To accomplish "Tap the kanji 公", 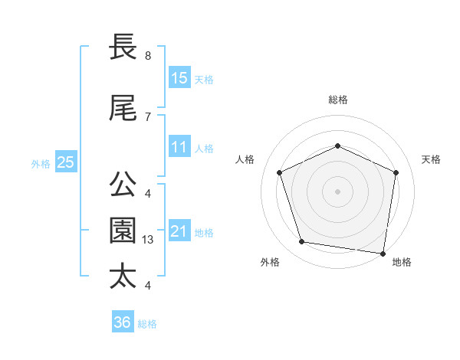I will click(124, 184).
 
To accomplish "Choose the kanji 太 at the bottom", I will click(124, 275).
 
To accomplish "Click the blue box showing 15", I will click(179, 78).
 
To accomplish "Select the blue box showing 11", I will click(179, 147).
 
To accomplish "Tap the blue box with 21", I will click(179, 231).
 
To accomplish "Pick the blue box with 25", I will click(65, 162).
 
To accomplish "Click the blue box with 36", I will click(122, 322).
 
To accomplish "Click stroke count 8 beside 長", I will click(147, 56).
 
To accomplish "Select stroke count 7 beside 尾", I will click(147, 116).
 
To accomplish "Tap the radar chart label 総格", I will click(338, 100).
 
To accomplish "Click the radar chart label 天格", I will click(431, 159).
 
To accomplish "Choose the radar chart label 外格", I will click(270, 262).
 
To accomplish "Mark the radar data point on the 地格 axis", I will click(383, 253).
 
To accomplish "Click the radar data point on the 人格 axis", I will click(280, 172).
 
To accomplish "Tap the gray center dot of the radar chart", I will click(337, 191).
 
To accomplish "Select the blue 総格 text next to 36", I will click(147, 324).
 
